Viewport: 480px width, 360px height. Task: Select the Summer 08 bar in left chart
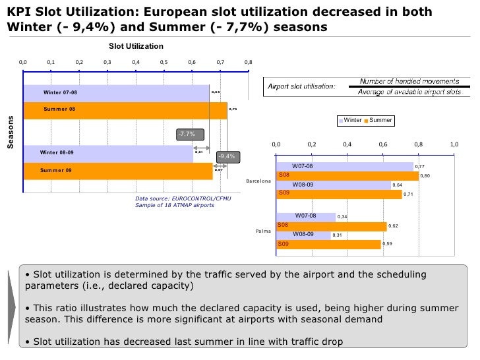click(x=125, y=110)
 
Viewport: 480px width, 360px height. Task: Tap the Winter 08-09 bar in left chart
click(x=108, y=153)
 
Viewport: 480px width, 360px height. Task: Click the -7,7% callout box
click(x=187, y=135)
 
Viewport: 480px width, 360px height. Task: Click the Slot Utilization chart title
click(x=136, y=45)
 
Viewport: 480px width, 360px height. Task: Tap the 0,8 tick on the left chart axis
click(x=248, y=62)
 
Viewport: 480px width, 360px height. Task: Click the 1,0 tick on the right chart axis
click(x=454, y=144)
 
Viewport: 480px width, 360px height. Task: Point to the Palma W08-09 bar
click(x=303, y=235)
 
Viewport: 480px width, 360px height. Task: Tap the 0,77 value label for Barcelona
click(x=420, y=167)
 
